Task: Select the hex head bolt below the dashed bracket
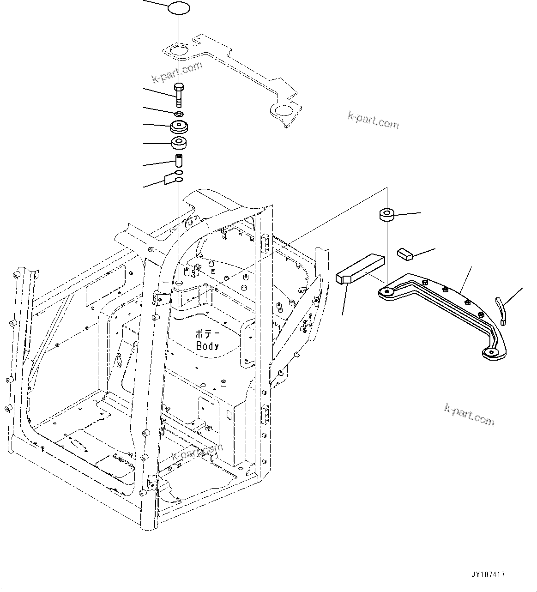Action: pyautogui.click(x=179, y=94)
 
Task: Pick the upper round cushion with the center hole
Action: pyautogui.click(x=179, y=126)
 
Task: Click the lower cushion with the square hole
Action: pyautogui.click(x=179, y=143)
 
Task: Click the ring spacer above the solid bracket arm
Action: pyautogui.click(x=387, y=214)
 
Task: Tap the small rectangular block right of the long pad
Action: pyautogui.click(x=404, y=253)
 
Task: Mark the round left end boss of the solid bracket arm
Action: pyautogui.click(x=386, y=291)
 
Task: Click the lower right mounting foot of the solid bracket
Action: pyautogui.click(x=492, y=353)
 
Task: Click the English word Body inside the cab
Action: pyautogui.click(x=207, y=345)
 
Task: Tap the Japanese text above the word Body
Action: pyautogui.click(x=206, y=334)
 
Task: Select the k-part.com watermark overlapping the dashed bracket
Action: pyautogui.click(x=177, y=72)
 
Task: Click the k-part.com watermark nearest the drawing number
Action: pyautogui.click(x=469, y=415)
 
